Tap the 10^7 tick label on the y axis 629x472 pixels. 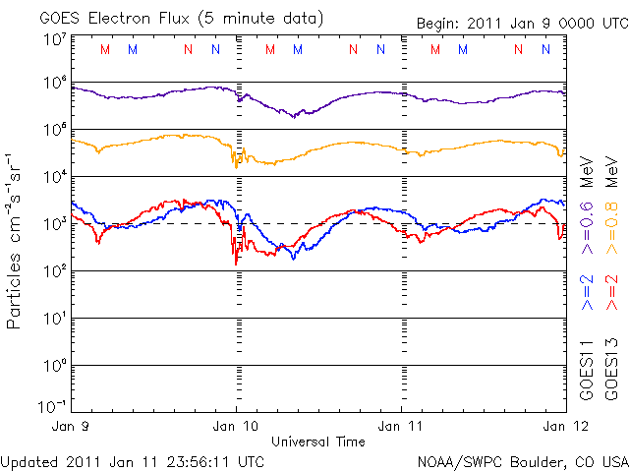54,38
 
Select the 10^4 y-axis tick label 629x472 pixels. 54,177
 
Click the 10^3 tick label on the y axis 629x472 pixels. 54,224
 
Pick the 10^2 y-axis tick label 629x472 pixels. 54,271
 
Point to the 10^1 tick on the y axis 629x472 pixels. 54,319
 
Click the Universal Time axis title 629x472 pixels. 318,442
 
